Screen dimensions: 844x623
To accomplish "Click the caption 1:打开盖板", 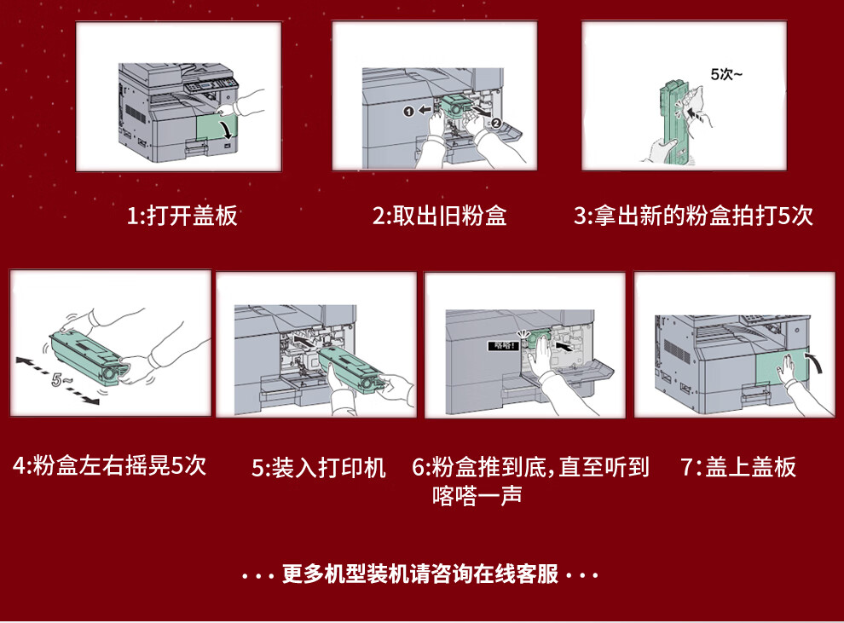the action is (182, 216).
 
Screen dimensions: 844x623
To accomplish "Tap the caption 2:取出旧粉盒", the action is (440, 216).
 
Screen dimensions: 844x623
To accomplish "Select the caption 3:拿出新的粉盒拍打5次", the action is (693, 216).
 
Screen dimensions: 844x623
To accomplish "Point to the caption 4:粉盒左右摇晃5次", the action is (110, 465).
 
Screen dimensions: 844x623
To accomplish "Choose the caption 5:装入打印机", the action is (319, 468).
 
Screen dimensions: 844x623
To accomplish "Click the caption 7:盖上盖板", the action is (738, 466).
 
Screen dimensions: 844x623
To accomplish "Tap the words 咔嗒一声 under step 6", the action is (477, 495).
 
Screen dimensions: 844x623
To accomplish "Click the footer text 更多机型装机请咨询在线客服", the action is (420, 574).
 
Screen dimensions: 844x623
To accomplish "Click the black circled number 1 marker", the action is (409, 111).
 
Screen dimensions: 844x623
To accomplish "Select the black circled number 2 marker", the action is (496, 123).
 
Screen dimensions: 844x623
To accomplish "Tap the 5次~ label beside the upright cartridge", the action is (726, 74).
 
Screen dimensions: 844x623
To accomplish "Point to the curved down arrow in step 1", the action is (228, 130).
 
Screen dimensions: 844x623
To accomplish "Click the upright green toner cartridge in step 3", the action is (673, 122).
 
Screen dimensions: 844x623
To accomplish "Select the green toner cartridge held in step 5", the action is (353, 370).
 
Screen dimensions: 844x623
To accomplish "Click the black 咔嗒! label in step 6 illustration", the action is (503, 345).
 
